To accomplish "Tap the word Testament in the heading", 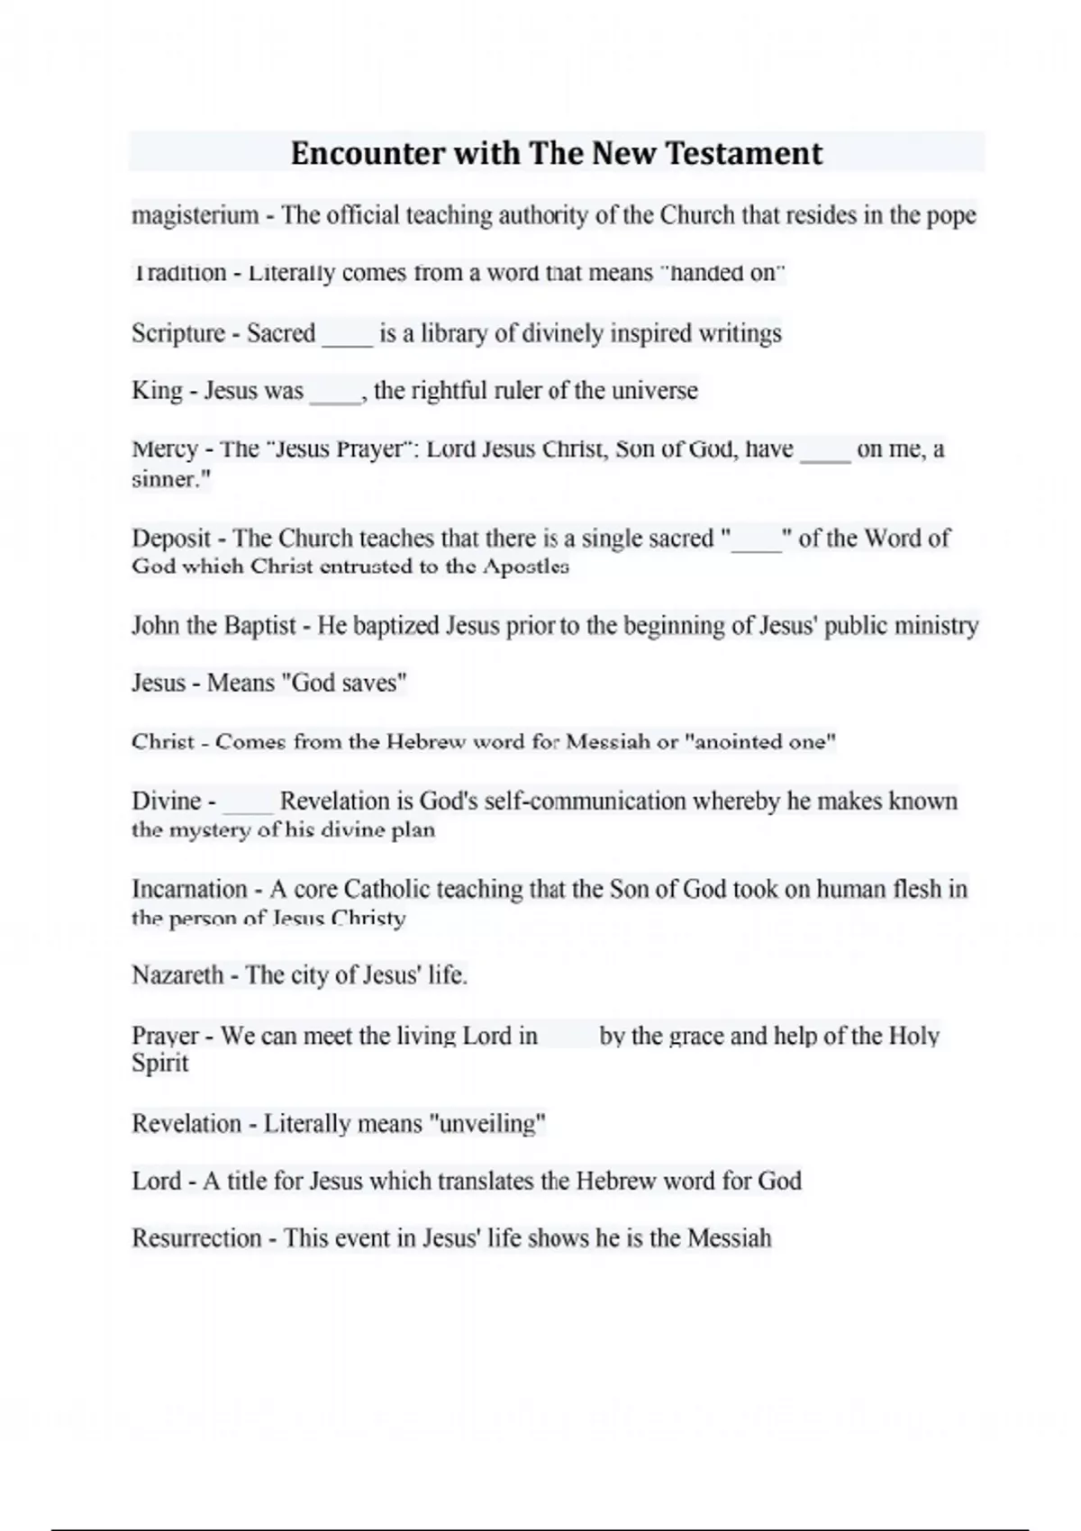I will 744,154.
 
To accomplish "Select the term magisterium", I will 195,216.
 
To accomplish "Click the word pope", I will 951,216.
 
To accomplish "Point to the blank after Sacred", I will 347,335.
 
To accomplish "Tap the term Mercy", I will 165,449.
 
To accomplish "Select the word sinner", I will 166,479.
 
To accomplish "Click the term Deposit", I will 171,539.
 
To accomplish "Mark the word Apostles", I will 525,566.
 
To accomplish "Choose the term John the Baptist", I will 213,626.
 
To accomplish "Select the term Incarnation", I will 189,890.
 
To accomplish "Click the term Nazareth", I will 177,975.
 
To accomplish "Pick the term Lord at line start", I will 156,1181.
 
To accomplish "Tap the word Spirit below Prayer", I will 159,1064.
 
